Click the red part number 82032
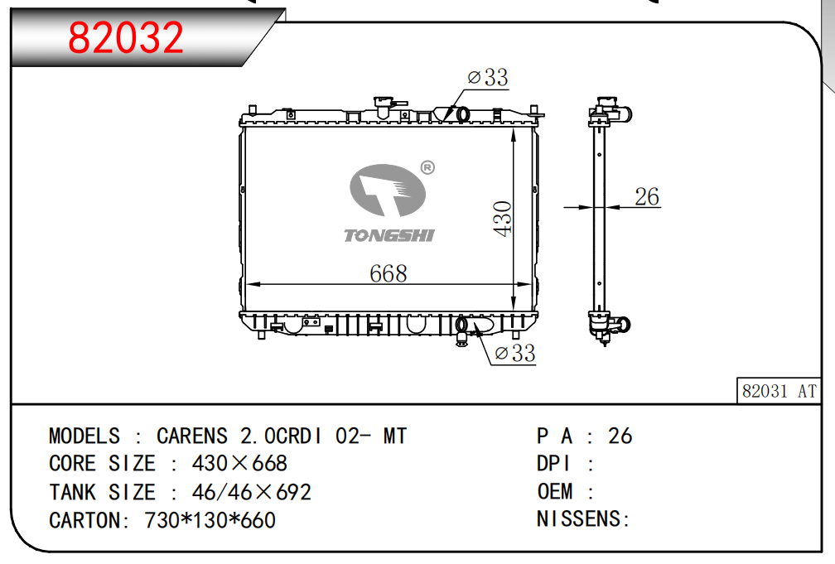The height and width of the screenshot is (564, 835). [x=126, y=37]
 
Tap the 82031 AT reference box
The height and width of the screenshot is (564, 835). [x=779, y=391]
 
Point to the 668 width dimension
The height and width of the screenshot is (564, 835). [x=389, y=273]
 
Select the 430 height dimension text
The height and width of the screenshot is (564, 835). [x=502, y=219]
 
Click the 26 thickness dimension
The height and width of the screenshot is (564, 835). [x=647, y=196]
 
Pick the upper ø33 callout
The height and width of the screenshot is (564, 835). [x=488, y=77]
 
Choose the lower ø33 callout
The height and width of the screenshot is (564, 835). [x=515, y=353]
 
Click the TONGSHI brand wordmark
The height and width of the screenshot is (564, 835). [x=389, y=235]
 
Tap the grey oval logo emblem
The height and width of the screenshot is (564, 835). [x=388, y=190]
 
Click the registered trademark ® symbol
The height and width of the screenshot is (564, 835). [x=427, y=168]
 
